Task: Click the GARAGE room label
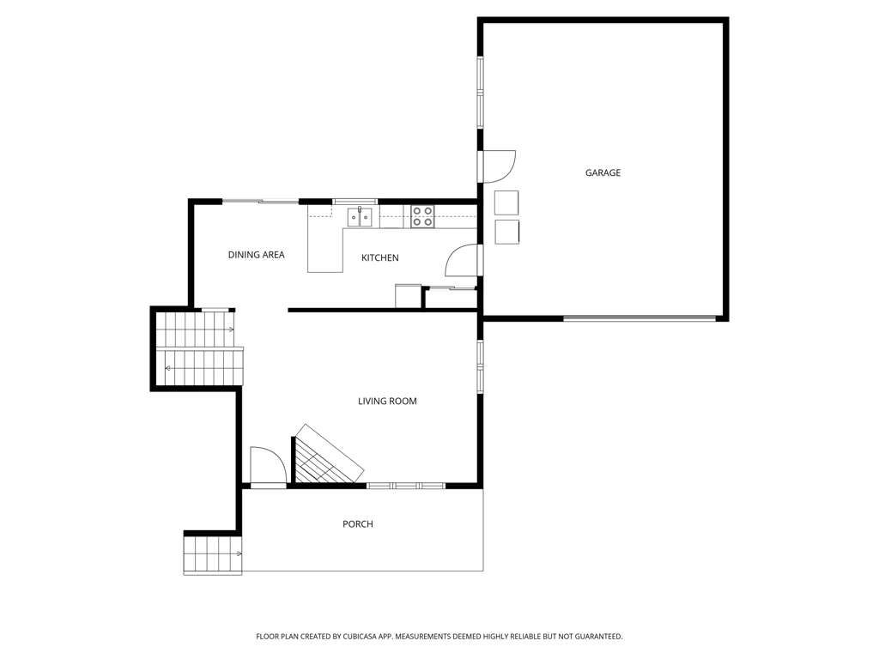click(603, 172)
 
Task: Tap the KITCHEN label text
click(380, 257)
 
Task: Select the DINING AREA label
click(256, 254)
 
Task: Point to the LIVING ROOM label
click(387, 402)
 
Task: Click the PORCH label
click(358, 524)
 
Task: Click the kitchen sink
click(360, 217)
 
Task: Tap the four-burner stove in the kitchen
click(422, 217)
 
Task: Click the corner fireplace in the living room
click(327, 456)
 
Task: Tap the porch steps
click(213, 555)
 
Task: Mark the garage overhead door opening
click(639, 319)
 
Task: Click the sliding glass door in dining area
click(261, 201)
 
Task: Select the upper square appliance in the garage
click(506, 203)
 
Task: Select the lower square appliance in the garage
click(506, 232)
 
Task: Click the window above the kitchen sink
click(355, 202)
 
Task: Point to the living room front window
click(406, 486)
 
